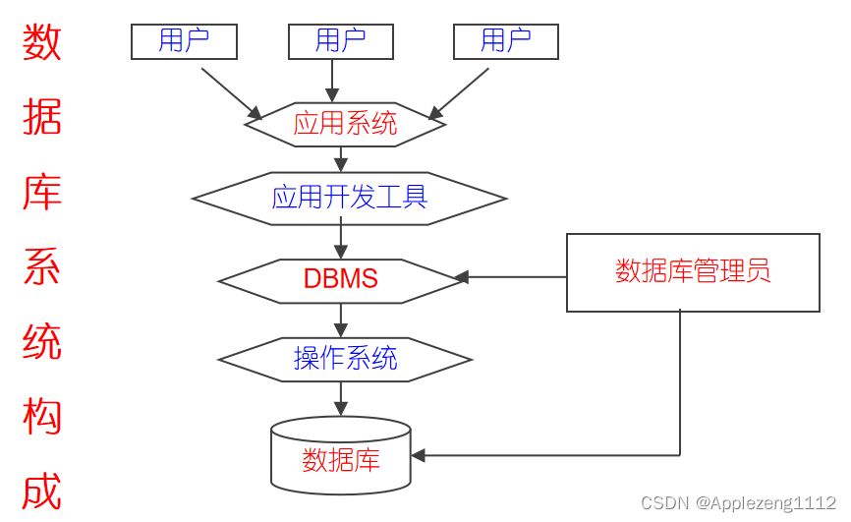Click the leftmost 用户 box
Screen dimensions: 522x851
(184, 41)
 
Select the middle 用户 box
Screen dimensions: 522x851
(340, 41)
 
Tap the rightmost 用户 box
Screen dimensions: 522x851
(505, 41)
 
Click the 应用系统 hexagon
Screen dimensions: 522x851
(345, 125)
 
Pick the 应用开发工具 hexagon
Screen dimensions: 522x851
(349, 199)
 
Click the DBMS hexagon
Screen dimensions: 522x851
(341, 278)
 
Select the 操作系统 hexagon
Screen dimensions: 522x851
(345, 359)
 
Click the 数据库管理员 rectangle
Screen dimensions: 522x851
(693, 272)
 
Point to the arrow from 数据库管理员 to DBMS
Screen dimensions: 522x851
(511, 277)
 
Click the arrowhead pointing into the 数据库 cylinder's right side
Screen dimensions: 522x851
(419, 455)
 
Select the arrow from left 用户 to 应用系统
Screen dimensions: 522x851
(232, 92)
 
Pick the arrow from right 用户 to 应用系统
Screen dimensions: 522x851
(459, 92)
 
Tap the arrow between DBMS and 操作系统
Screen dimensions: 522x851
(341, 319)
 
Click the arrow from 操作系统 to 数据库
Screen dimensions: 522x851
(341, 398)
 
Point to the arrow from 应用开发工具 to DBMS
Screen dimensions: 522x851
(341, 241)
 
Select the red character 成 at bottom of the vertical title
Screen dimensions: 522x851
(42, 492)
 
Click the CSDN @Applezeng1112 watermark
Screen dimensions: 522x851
(738, 503)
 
